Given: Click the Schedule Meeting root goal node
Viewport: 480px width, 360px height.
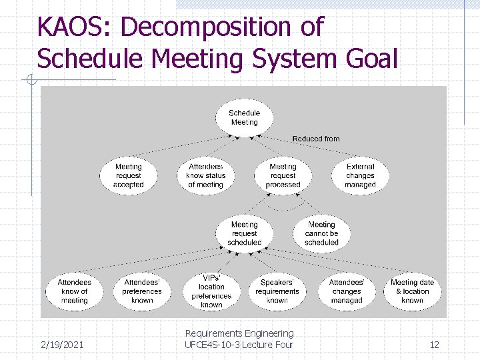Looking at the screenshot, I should click(244, 117).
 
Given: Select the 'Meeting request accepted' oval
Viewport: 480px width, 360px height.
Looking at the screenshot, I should click(129, 175).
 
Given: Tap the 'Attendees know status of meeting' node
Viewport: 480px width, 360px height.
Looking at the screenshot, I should click(205, 175).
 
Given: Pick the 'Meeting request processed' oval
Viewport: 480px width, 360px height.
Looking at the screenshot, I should click(283, 175).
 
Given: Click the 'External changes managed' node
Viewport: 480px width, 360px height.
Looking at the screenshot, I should click(360, 175).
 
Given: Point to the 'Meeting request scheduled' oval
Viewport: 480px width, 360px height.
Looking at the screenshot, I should click(244, 233).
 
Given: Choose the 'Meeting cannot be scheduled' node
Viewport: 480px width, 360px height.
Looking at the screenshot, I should click(321, 233).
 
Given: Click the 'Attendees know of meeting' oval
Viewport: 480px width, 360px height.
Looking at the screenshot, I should click(74, 291).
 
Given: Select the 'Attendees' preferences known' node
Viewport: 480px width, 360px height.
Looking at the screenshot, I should click(142, 291).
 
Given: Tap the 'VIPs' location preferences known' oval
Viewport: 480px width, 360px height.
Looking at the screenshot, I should click(211, 291).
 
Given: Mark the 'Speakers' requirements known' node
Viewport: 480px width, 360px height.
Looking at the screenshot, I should click(277, 291).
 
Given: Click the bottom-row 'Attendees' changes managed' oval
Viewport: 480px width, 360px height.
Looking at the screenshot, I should click(347, 291).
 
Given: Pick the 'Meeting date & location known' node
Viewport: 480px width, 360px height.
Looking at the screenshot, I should click(412, 291).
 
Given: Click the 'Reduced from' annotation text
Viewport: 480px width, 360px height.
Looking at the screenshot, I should click(315, 139).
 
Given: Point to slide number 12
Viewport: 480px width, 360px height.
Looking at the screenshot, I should click(434, 344).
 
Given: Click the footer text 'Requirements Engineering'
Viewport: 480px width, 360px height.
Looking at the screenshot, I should click(239, 333).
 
